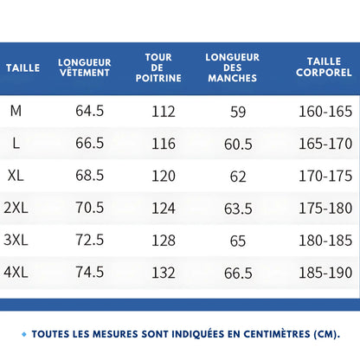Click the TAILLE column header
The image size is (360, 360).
(23, 67)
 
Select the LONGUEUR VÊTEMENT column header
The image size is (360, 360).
(84, 67)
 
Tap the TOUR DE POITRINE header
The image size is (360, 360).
(158, 67)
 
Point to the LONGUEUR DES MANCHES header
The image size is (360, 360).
(233, 67)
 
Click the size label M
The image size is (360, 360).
(16, 111)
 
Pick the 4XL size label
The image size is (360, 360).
(16, 272)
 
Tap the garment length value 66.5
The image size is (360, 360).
(89, 143)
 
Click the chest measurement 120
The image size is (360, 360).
(164, 175)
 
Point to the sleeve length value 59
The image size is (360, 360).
(238, 112)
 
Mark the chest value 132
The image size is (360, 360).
(164, 272)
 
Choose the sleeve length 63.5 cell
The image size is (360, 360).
(238, 209)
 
